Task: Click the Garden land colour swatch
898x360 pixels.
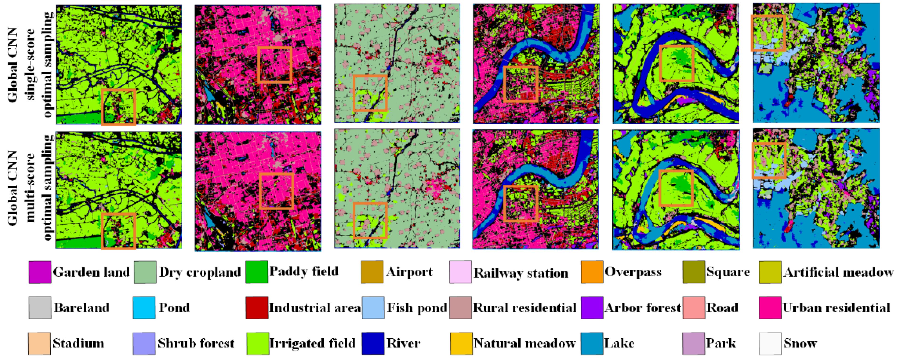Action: [40, 272]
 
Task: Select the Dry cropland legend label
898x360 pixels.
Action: [200, 272]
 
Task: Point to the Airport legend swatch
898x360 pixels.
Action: [372, 272]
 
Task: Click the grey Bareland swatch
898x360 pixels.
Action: [40, 308]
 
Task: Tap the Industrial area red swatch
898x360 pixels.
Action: [257, 308]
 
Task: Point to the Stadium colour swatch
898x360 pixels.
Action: [40, 343]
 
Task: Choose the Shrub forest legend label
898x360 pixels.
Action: [196, 343]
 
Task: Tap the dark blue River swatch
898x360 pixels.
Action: [373, 343]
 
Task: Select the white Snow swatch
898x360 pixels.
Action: [770, 343]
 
